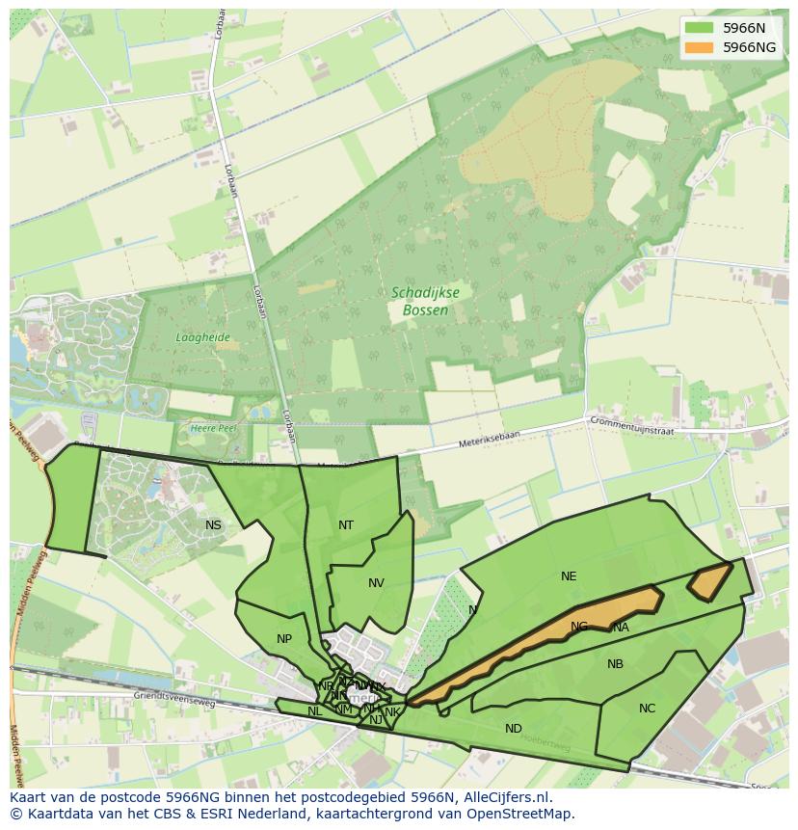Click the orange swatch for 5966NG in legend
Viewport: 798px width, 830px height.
coord(701,47)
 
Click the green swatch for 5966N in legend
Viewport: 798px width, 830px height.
coord(701,28)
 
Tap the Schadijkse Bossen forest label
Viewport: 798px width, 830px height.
coord(419,301)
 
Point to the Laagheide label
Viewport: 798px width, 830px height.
coord(202,337)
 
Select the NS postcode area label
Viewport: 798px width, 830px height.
coord(213,525)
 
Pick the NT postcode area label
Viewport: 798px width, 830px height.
coord(346,525)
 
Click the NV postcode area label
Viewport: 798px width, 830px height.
coord(376,583)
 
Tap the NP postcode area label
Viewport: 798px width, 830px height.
coord(283,639)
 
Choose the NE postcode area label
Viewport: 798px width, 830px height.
coord(569,576)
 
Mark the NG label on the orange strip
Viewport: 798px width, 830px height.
coord(578,627)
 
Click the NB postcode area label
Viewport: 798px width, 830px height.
coord(615,664)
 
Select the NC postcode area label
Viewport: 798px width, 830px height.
coord(647,709)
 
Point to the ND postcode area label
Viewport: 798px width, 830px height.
coord(514,729)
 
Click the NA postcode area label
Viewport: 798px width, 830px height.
coord(621,628)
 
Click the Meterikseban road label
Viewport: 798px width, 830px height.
coord(461,446)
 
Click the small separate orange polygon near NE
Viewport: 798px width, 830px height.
coord(708,581)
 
